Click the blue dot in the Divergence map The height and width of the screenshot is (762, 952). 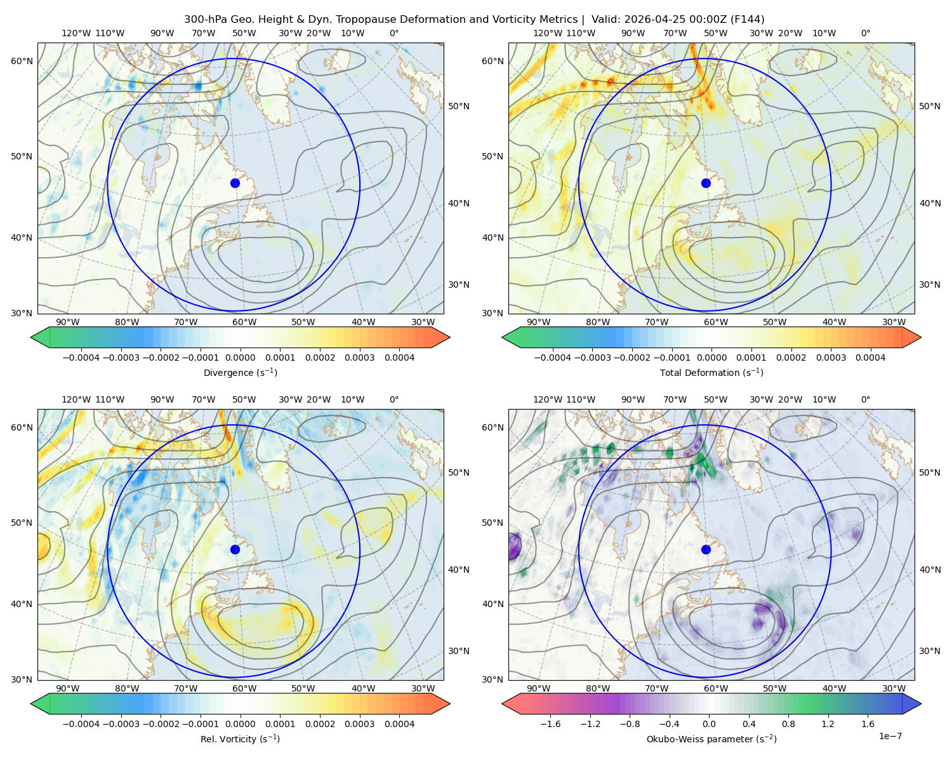[235, 183]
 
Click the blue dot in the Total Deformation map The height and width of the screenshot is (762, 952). [706, 183]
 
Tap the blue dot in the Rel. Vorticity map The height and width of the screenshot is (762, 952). [235, 549]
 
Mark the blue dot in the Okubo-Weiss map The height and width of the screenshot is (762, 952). [706, 549]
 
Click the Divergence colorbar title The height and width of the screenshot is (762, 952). [240, 372]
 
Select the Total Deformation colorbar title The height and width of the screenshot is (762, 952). [711, 372]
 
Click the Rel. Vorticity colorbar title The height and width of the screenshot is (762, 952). [240, 739]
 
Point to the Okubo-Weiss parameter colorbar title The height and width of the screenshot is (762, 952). [711, 739]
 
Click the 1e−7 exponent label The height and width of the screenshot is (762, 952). [890, 736]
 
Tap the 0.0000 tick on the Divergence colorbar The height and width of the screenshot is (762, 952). [240, 358]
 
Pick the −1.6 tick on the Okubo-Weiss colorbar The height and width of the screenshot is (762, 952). [551, 723]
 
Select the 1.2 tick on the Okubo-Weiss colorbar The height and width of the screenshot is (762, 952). [828, 723]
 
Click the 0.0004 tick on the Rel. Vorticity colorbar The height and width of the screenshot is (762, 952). [399, 723]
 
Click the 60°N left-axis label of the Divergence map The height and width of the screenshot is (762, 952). [22, 61]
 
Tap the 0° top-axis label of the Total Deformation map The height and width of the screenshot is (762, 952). [865, 33]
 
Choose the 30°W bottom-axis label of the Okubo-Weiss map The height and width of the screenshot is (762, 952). [894, 688]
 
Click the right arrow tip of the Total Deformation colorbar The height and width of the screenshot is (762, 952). [921, 337]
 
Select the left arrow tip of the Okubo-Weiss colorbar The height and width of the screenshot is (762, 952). [503, 704]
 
